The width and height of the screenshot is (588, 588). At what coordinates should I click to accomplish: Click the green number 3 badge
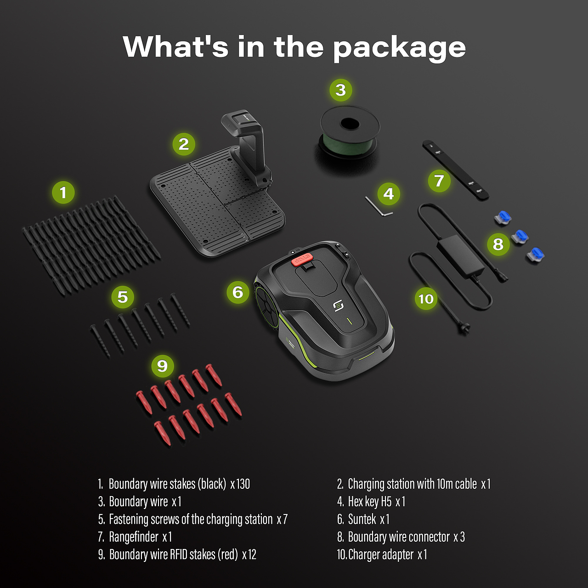click(340, 90)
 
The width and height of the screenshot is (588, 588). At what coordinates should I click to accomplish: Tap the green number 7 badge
click(439, 181)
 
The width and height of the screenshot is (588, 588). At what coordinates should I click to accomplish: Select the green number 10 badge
click(426, 299)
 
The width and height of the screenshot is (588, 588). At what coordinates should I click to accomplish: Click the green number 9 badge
click(162, 366)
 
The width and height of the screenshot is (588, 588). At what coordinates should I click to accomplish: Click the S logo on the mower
click(338, 306)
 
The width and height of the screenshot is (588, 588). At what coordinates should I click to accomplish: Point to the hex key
click(379, 207)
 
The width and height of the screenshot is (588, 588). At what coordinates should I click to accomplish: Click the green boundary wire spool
click(350, 134)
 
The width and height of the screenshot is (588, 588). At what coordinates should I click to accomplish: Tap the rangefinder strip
click(455, 170)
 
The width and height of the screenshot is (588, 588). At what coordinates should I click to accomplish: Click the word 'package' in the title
click(399, 48)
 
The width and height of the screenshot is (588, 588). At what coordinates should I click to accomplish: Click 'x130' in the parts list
click(240, 484)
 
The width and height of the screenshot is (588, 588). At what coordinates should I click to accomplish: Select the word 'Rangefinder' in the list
click(134, 537)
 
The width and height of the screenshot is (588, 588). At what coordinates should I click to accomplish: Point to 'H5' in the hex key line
click(386, 502)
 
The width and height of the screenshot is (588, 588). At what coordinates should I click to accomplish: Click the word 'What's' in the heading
click(175, 46)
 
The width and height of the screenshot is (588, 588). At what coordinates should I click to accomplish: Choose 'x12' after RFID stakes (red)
click(249, 554)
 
